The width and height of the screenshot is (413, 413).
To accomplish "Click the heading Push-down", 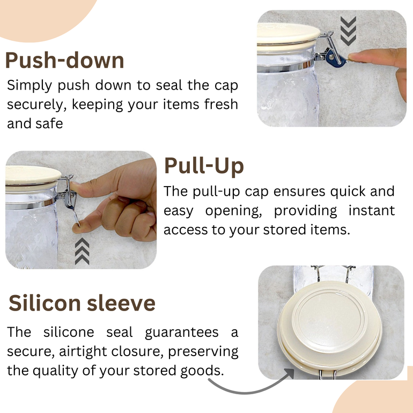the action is pos(64,61).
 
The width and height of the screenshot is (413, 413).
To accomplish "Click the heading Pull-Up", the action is pos(204,166).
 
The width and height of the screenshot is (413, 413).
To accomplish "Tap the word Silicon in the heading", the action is pos(45,303).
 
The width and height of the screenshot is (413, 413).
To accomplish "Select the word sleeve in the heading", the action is pos(121,303).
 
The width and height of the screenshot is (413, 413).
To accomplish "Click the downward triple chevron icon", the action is pos(348,31).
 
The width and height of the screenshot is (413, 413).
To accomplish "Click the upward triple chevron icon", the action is pos(82,251).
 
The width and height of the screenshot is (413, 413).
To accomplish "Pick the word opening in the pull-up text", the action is pos(234,211).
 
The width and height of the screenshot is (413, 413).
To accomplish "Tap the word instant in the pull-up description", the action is pos(372,210).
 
